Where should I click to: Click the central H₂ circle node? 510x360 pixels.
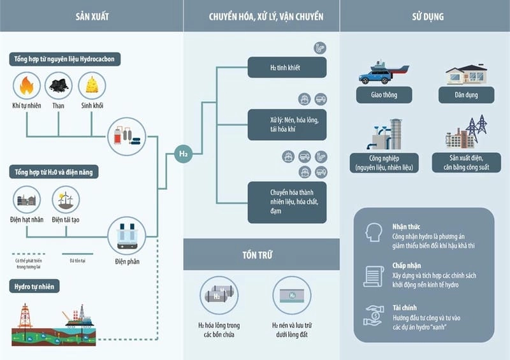(x=183, y=154)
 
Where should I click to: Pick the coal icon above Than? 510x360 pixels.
(x=59, y=85)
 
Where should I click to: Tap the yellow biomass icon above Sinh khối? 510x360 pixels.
(x=92, y=85)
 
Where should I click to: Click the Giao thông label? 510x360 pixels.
(x=381, y=96)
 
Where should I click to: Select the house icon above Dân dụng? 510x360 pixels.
(x=466, y=75)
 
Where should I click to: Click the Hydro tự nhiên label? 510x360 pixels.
(x=36, y=287)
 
